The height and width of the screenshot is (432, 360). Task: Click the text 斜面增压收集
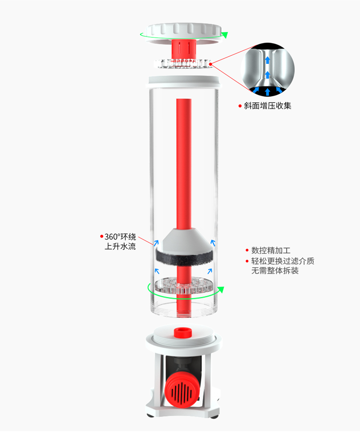268,106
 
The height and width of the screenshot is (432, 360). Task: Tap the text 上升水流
120,247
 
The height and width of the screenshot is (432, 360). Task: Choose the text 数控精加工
271,251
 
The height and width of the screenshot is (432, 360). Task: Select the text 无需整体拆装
275,271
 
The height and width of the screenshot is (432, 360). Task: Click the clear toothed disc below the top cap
183,63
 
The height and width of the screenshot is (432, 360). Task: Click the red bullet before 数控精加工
247,251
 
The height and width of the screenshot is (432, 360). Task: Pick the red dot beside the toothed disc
211,62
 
